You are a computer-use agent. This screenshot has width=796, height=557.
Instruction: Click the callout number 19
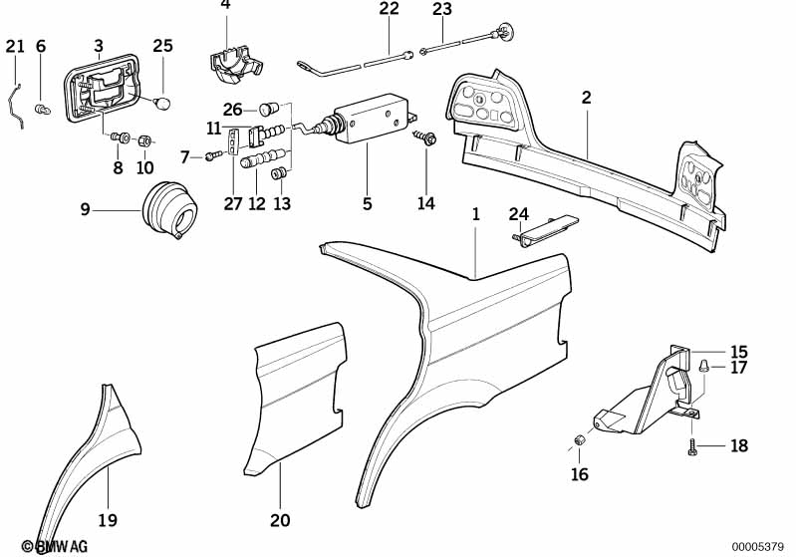(108, 518)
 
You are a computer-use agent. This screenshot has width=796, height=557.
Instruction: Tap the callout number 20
(280, 519)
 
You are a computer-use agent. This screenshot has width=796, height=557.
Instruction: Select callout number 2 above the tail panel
(587, 98)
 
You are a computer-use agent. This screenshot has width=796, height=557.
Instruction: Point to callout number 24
(518, 213)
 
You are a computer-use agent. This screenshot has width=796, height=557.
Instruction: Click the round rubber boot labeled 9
(171, 210)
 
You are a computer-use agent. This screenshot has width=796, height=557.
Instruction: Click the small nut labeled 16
(579, 442)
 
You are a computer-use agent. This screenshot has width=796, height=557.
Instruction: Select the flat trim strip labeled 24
(546, 231)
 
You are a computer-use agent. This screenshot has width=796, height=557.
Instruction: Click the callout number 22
(389, 9)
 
